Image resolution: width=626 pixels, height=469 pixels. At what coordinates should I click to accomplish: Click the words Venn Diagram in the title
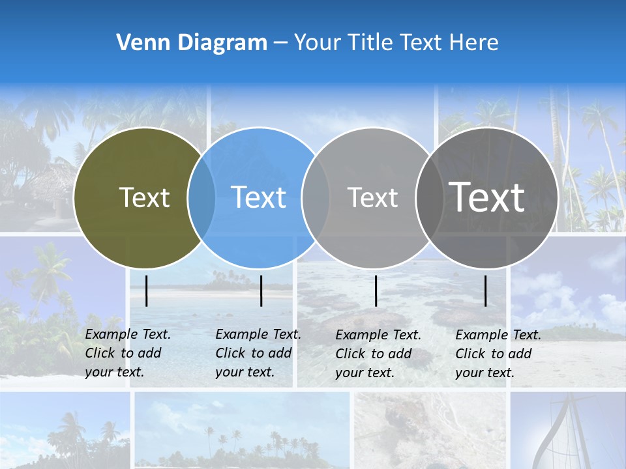tap(192, 43)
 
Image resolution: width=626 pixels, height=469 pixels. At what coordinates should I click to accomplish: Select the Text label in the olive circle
tap(144, 197)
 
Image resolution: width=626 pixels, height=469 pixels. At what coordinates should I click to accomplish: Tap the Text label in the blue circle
tap(259, 197)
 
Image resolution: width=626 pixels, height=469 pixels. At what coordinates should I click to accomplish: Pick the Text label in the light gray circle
tap(372, 197)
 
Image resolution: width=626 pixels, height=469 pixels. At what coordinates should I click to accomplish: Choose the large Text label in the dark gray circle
tap(486, 197)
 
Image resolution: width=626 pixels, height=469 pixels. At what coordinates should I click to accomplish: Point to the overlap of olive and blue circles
tap(201, 197)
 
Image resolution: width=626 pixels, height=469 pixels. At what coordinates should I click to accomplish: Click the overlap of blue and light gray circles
tap(316, 197)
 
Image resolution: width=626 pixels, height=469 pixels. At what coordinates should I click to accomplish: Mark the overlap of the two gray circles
tap(429, 197)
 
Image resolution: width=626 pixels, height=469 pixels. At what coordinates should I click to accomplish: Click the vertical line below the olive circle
tap(146, 291)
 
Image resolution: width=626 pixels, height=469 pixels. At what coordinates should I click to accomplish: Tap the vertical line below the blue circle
tap(261, 291)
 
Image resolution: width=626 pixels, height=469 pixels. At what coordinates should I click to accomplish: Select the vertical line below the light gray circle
tap(376, 291)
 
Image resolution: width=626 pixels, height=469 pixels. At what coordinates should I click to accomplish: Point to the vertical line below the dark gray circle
tap(486, 291)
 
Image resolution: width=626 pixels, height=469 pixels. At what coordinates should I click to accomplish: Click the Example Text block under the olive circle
tap(127, 353)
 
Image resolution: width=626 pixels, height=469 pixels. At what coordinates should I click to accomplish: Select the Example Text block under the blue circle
tap(258, 353)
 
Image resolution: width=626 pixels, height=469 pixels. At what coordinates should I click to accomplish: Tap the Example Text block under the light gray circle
tap(378, 354)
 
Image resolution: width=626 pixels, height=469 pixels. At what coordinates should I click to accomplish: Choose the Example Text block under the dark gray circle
tap(498, 354)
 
